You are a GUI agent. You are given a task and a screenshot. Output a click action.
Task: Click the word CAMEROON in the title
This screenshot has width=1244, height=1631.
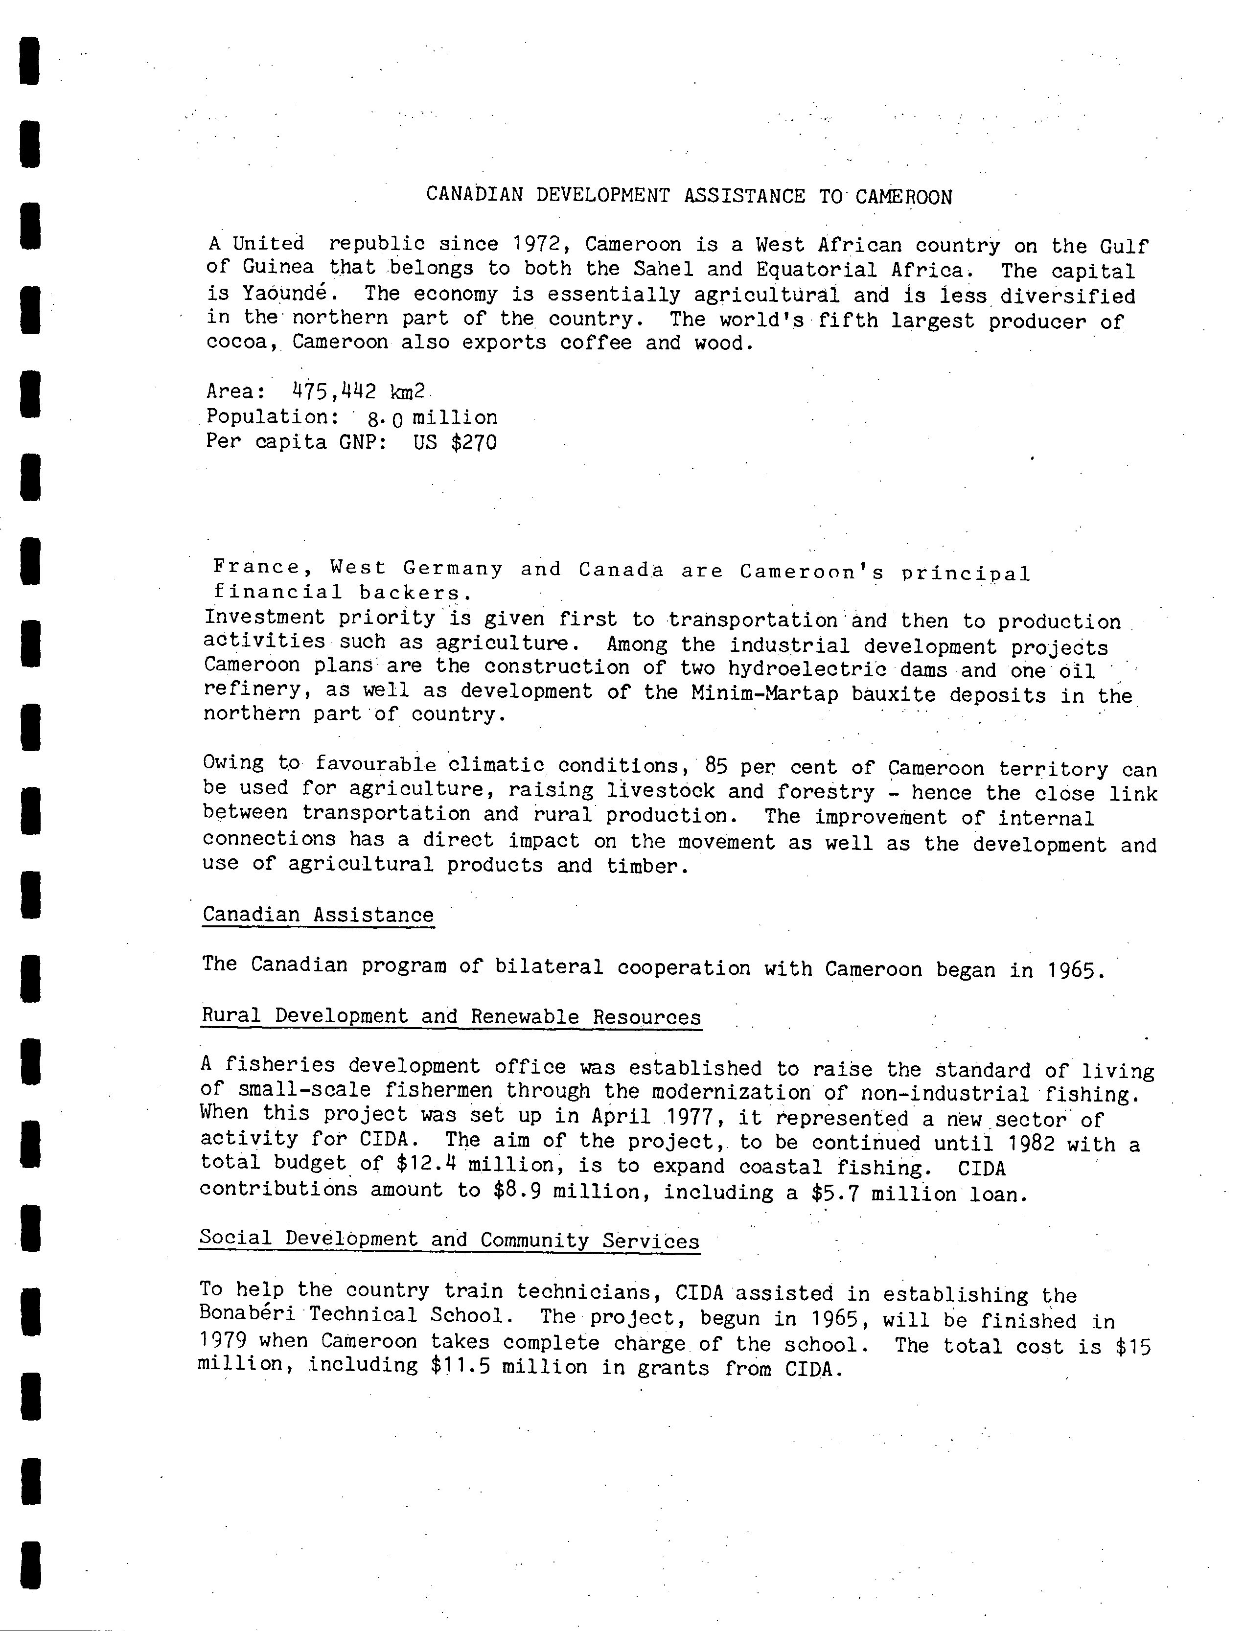[x=903, y=197]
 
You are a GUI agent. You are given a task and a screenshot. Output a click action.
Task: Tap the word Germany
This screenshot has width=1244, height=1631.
[x=453, y=569]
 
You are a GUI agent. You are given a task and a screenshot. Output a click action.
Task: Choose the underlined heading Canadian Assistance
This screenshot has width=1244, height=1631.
[x=319, y=915]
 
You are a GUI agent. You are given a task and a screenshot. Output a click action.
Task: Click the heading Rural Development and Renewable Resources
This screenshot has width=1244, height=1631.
[x=451, y=1016]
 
